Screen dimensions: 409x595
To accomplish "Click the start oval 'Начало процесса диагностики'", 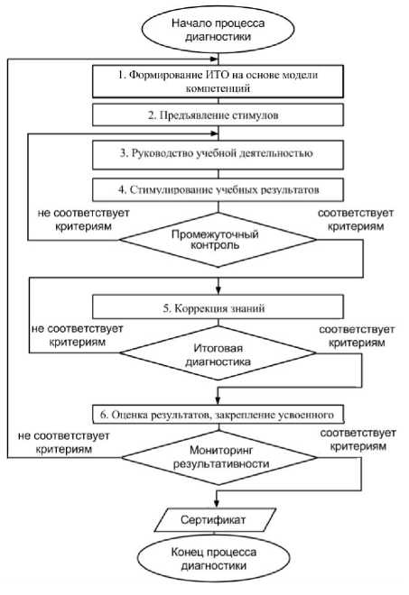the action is coord(218,30).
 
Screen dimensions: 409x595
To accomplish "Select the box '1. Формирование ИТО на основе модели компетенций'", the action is coord(218,81).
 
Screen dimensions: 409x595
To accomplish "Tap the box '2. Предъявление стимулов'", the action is coord(218,115).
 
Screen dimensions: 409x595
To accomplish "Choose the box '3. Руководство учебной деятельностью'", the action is coord(218,155).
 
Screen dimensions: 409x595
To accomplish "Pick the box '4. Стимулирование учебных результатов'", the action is coord(218,189).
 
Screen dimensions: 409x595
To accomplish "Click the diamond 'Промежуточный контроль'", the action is coord(218,240).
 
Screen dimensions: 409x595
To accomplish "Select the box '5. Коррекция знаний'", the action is coord(218,307).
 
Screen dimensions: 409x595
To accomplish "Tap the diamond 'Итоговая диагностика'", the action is coord(218,352).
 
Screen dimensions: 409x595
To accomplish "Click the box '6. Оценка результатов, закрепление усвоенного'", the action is coord(218,415).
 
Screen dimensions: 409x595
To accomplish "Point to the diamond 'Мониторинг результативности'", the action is coord(219,457).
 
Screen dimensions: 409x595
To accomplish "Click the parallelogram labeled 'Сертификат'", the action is coord(214,520).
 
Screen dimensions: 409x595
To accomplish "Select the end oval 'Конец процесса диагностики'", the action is coord(214,559).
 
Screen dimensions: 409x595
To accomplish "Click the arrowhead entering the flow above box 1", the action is coord(215,59).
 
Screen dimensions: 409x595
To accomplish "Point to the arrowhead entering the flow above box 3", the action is coord(215,133).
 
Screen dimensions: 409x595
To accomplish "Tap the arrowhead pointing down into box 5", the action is coord(218,290).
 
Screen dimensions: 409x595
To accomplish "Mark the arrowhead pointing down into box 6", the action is coord(218,400).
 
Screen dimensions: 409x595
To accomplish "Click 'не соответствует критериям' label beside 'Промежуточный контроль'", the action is coord(84,220).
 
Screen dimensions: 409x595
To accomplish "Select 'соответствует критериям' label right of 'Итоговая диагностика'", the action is coord(357,336).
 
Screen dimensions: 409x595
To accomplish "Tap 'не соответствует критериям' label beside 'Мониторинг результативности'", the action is coord(64,443).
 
